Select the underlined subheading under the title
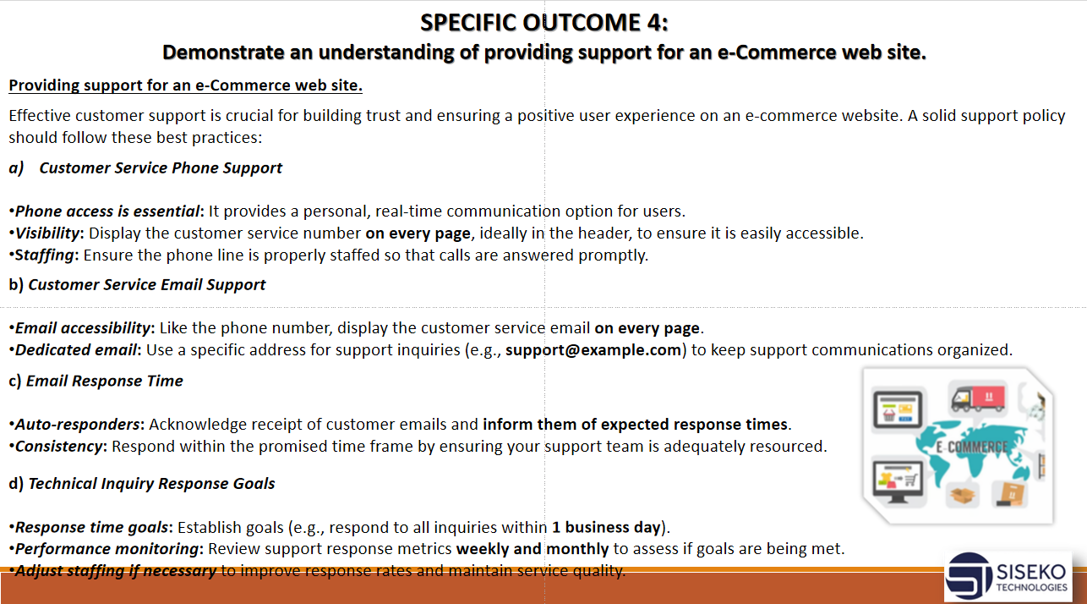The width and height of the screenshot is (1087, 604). point(185,85)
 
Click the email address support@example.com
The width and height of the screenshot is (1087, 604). point(593,349)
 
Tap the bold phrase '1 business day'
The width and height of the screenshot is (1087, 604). point(606,527)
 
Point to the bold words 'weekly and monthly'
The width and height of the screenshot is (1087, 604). point(533,549)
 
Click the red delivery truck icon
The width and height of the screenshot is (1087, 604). point(977,398)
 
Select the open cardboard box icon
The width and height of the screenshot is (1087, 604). point(963,495)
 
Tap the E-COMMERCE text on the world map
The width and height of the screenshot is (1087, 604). point(971,448)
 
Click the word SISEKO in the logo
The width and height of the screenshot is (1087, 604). point(1030,572)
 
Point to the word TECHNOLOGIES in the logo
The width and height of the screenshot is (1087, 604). point(1032,587)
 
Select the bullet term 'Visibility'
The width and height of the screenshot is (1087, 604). point(47,233)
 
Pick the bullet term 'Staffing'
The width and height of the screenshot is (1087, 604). point(44,255)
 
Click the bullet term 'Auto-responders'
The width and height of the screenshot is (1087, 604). point(77,425)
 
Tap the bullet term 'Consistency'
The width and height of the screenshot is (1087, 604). point(58,446)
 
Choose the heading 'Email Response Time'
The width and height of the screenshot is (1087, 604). point(104,381)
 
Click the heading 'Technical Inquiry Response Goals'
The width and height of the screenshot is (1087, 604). point(151,484)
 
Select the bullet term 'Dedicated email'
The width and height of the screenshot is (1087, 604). point(76,349)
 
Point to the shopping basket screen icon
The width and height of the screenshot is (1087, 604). point(898,409)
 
